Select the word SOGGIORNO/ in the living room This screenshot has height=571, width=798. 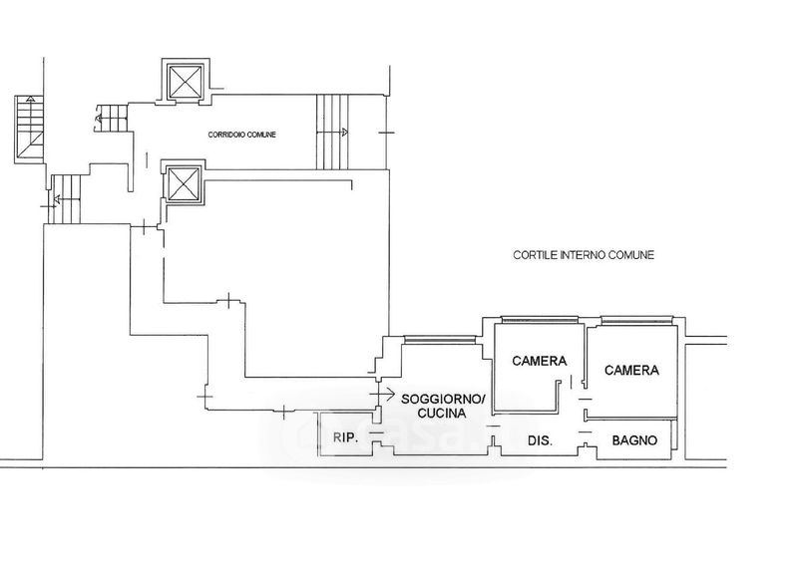[x=446, y=399]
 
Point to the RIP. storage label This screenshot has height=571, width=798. [x=345, y=438]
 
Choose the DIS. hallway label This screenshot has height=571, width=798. [x=540, y=439]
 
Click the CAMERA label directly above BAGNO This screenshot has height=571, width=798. [x=632, y=370]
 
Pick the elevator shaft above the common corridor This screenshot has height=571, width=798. [x=184, y=81]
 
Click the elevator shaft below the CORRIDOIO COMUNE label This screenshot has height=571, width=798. [x=184, y=182]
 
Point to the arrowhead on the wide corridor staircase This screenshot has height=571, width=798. [x=345, y=132]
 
